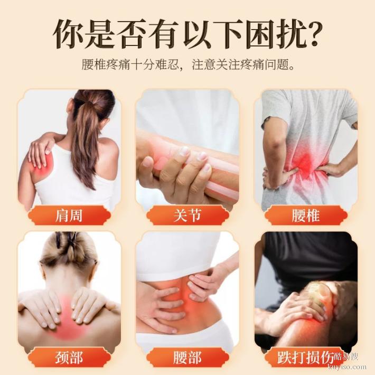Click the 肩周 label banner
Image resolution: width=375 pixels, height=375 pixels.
[x=69, y=215]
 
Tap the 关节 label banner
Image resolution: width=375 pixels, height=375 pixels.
[x=187, y=215]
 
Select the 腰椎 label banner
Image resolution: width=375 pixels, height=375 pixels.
[x=305, y=215]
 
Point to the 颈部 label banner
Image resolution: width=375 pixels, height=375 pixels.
[x=69, y=358]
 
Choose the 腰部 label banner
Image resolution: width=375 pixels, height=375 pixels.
[x=187, y=358]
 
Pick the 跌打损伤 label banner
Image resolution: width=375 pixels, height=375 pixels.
[x=305, y=358]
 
